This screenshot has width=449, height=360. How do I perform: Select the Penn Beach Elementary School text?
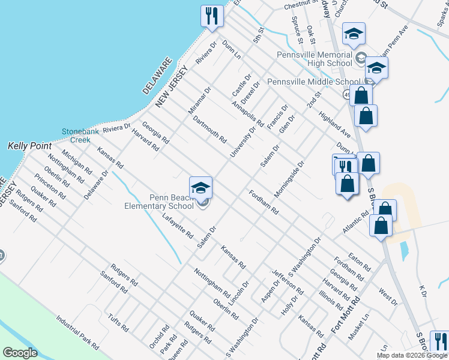click(172, 201)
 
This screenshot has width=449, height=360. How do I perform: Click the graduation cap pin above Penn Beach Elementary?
click(200, 187)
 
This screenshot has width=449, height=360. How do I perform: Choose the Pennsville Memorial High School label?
click(315, 59)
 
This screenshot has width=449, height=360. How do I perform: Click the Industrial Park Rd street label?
click(77, 332)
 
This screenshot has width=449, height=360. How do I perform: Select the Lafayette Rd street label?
click(177, 226)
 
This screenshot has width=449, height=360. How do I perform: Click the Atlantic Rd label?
click(355, 222)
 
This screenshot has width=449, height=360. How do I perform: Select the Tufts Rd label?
click(118, 323)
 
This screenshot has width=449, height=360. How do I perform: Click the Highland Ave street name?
click(335, 124)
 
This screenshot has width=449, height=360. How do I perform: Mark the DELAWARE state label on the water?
click(157, 76)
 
